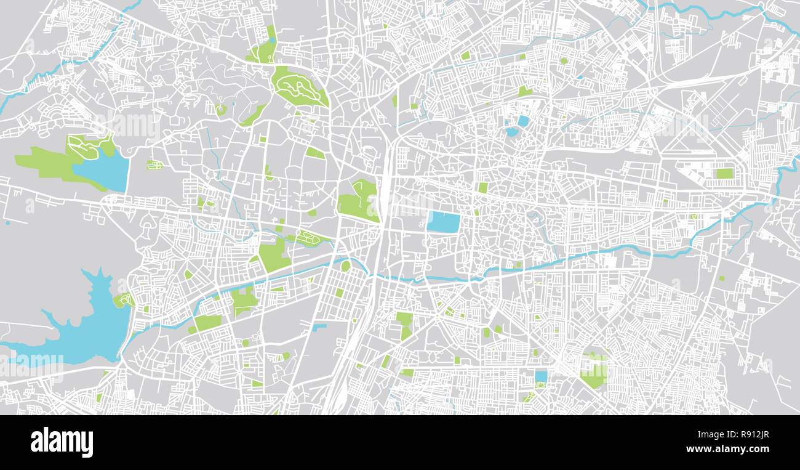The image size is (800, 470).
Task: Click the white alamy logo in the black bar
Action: point(62,442)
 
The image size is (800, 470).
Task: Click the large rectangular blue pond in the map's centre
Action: point(443,222)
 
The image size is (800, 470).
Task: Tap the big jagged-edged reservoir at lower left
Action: point(92,326)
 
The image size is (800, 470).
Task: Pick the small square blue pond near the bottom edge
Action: point(541,376)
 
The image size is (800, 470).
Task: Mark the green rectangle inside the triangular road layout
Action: point(724,174)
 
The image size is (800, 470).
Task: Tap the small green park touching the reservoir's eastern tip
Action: point(124,300)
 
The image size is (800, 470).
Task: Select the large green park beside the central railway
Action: point(358,200)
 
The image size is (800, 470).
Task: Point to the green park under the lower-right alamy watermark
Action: point(594,373)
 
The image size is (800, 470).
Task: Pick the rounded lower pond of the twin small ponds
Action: point(511,131)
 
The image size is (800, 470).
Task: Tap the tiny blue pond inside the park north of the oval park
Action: point(271,41)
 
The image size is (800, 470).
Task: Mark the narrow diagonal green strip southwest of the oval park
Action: point(253,115)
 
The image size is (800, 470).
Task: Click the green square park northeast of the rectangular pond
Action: point(483,187)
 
